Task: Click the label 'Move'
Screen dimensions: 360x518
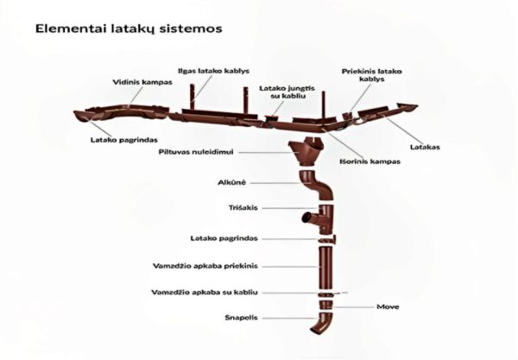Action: [387, 306]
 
